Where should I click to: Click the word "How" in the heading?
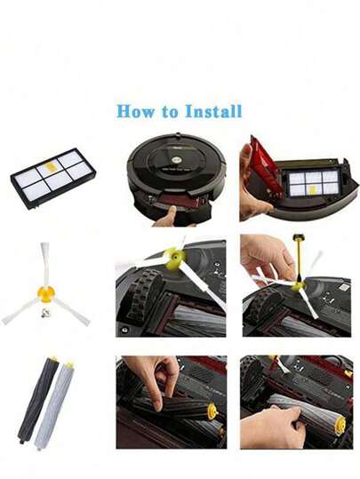coord(135,111)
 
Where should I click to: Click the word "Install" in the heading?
coord(214,111)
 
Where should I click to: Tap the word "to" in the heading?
coord(170,112)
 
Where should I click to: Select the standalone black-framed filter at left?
coord(53,178)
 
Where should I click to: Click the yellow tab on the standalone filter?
coord(49,166)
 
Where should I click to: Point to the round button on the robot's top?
coord(176,160)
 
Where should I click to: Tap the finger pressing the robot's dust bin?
coord(169,216)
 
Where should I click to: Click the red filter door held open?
coord(265,166)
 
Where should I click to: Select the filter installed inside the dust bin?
coord(314,183)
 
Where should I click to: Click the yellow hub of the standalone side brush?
coord(46,293)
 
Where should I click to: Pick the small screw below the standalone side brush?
coord(45,313)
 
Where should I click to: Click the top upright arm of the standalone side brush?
coord(45,264)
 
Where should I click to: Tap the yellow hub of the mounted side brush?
coord(175,259)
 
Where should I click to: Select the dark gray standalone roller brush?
coord(36,400)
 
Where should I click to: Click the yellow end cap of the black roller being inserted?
coord(213,411)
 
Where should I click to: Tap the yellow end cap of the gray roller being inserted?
coord(340,426)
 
